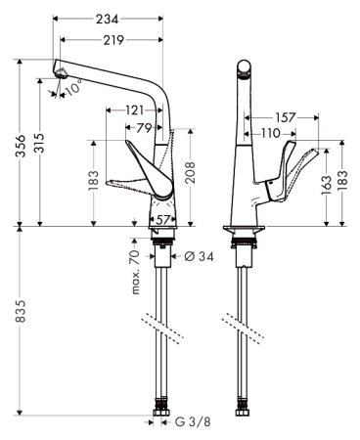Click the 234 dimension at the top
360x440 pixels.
pyautogui.click(x=108, y=11)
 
